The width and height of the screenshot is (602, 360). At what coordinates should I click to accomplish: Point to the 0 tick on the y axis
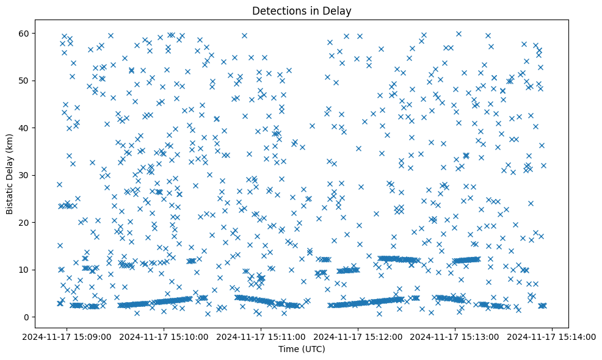[x=41, y=317]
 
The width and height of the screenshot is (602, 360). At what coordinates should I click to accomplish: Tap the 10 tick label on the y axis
[x=38, y=270]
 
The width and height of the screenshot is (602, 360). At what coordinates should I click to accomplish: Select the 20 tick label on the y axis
[x=38, y=223]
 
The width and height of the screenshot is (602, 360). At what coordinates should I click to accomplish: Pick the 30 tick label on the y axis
[x=38, y=175]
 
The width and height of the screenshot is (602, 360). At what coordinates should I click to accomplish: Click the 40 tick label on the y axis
[x=38, y=128]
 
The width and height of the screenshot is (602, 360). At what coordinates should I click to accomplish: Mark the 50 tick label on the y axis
[x=38, y=81]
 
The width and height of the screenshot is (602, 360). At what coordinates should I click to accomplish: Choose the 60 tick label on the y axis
[x=38, y=33]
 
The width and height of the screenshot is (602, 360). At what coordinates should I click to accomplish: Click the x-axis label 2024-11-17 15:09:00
[x=67, y=336]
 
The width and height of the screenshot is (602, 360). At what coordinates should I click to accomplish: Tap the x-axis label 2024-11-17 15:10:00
[x=164, y=336]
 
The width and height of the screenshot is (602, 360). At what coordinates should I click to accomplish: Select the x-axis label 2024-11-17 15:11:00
[x=261, y=336]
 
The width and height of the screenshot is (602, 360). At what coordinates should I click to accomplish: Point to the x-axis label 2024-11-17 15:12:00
[x=358, y=336]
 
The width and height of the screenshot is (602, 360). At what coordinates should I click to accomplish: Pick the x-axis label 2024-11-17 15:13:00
[x=455, y=336]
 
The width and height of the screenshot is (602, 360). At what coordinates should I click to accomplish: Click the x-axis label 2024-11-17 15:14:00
[x=553, y=336]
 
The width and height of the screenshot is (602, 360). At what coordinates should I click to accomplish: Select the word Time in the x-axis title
[x=287, y=350]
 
